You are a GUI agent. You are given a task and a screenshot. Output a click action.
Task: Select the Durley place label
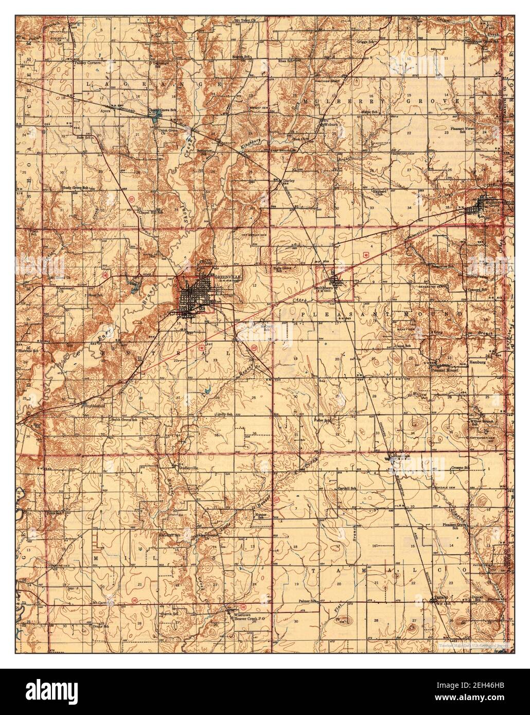pos(287,182)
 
